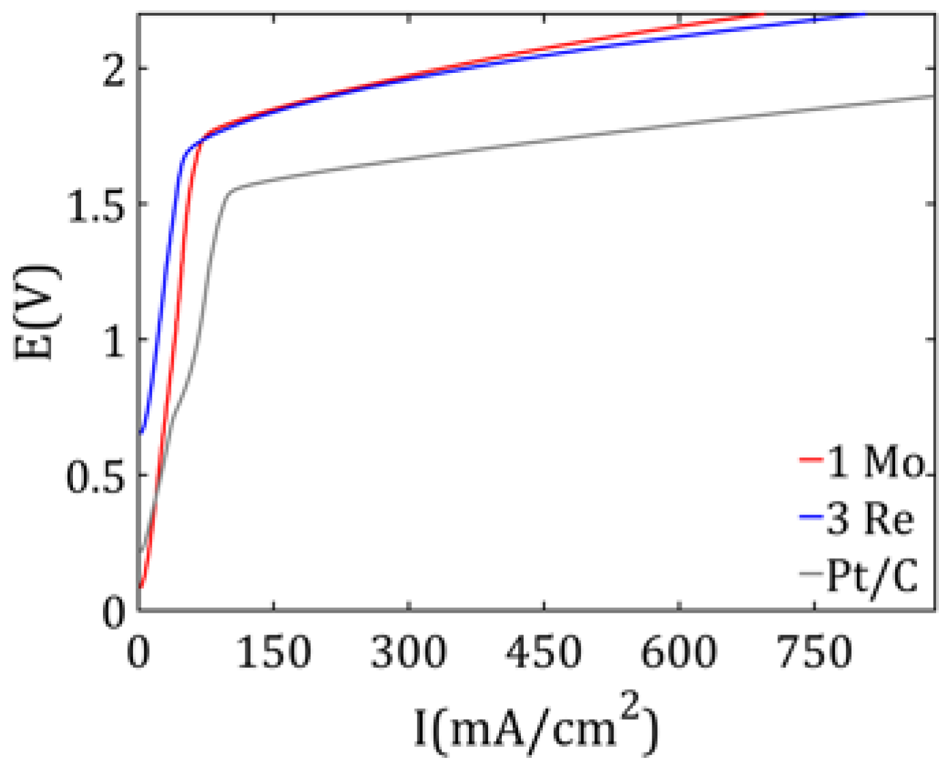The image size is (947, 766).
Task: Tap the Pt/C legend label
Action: point(872,576)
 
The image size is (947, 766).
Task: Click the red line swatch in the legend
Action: point(811,460)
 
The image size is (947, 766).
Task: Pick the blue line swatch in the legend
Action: point(811,517)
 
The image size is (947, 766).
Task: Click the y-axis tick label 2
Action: point(114,70)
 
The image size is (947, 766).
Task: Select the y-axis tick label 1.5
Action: point(97,204)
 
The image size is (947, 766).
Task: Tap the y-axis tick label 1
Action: point(114,340)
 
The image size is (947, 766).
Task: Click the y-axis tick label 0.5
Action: point(96,476)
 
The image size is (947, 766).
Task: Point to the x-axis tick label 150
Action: point(273,652)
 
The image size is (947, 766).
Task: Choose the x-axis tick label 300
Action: point(408,652)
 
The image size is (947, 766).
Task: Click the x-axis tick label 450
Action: point(543,652)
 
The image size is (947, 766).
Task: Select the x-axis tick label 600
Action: point(679,652)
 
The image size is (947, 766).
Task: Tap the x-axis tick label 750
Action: point(815,652)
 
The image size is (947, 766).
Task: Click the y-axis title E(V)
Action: point(37,311)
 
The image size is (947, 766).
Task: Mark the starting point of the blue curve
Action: point(141,432)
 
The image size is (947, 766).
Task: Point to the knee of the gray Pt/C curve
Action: point(232,191)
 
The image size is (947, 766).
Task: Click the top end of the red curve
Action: point(762,14)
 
